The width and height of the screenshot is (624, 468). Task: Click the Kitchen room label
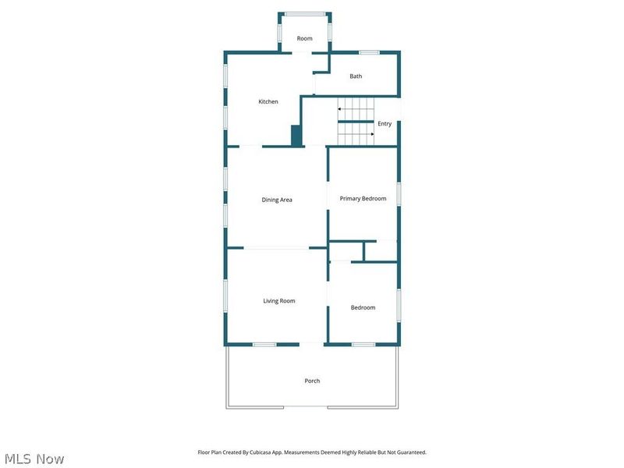pyautogui.click(x=268, y=101)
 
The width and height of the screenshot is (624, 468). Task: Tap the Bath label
pyautogui.click(x=356, y=76)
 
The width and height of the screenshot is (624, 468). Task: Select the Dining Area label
pyautogui.click(x=277, y=200)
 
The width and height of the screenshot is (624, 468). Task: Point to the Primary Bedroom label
pyautogui.click(x=363, y=199)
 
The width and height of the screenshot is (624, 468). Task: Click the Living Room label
pyautogui.click(x=278, y=301)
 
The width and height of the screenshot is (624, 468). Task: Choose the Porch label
pyautogui.click(x=312, y=381)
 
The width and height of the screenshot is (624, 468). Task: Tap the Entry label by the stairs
pyautogui.click(x=385, y=124)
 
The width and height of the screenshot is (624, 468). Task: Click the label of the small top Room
pyautogui.click(x=304, y=38)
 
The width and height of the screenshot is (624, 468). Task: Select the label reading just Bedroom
pyautogui.click(x=363, y=307)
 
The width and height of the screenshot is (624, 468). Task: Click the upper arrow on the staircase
pyautogui.click(x=341, y=110)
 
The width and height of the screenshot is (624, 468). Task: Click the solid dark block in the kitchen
pyautogui.click(x=296, y=136)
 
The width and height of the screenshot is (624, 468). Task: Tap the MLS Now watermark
pyautogui.click(x=34, y=459)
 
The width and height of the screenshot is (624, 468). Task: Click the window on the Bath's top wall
pyautogui.click(x=369, y=52)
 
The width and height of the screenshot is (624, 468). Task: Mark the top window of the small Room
pyautogui.click(x=304, y=13)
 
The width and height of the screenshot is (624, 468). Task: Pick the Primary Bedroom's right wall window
pyautogui.click(x=399, y=194)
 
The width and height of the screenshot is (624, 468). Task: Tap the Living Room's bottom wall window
pyautogui.click(x=264, y=344)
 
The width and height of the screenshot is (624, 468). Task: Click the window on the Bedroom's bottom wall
pyautogui.click(x=363, y=344)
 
